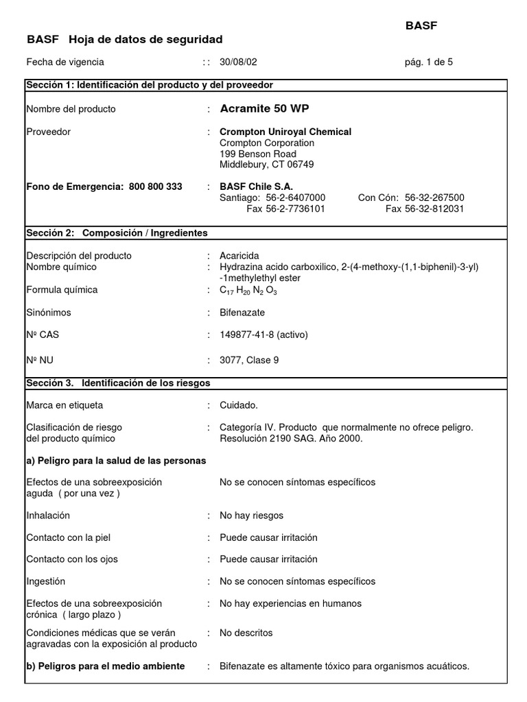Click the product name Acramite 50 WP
coord(264,108)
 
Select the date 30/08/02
coord(238,62)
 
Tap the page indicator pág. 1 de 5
coord(429,62)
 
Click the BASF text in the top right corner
coord(421,25)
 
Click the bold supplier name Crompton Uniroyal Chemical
coord(285,132)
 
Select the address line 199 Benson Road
coord(258,154)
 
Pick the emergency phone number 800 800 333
coord(156,186)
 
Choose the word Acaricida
coord(239,256)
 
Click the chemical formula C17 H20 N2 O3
coord(248,290)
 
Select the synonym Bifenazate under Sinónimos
coord(242,313)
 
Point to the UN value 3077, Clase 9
coord(249,360)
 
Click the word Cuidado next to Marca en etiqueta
coord(239,405)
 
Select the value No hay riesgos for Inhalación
coord(251,516)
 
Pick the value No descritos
coord(246,633)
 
